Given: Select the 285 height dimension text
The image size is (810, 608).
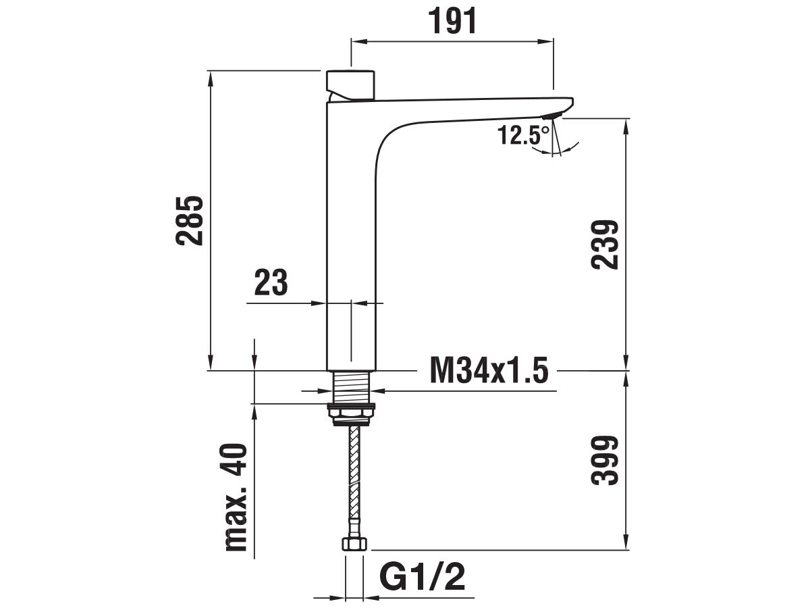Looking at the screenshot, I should (189, 221).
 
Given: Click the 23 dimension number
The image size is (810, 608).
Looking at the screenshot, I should (271, 282).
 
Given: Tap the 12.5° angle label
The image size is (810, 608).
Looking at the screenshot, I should (524, 135).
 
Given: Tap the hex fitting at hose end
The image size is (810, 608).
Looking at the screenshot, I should (354, 544).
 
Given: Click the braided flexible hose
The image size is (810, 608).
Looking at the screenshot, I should (353, 480).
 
